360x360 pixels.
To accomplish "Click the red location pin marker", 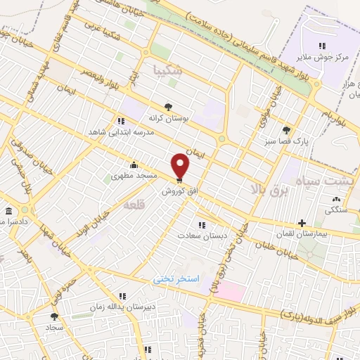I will [x=181, y=165].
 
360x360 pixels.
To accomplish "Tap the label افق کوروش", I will [x=180, y=191].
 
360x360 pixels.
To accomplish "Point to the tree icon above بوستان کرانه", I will [x=166, y=107].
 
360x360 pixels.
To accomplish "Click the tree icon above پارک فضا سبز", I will [x=286, y=130].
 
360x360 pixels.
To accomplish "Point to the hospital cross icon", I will [x=302, y=223].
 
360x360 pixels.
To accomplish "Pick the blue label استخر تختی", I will [x=176, y=279].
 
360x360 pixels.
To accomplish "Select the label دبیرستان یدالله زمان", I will [x=120, y=307].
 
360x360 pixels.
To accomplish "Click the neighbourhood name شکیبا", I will [x=167, y=70].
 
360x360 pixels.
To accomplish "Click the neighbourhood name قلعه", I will [x=133, y=205].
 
